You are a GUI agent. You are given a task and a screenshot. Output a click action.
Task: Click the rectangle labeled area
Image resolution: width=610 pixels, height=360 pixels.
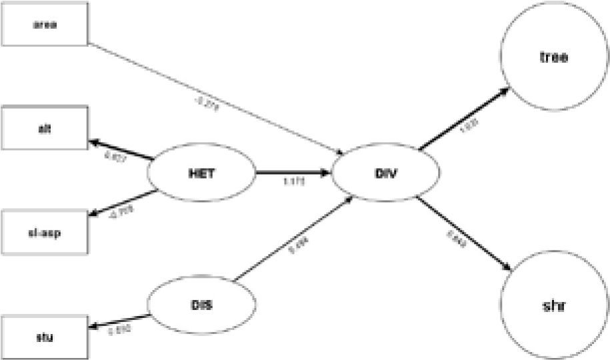tap(44, 26)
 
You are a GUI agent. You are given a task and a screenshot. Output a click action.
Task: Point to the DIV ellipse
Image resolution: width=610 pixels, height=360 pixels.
tap(385, 174)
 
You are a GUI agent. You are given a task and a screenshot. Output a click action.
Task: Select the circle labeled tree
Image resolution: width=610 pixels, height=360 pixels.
tap(553, 57)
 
